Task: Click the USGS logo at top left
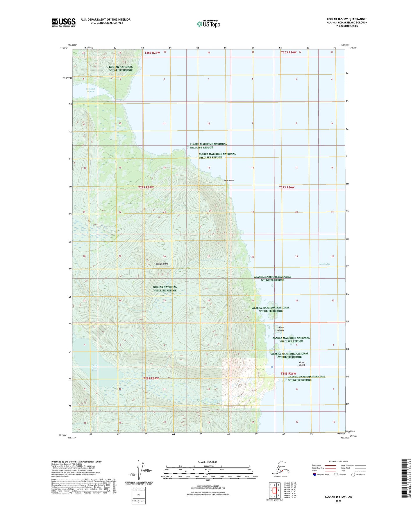64,22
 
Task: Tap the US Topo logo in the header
208,24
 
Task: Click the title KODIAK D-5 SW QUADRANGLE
347,19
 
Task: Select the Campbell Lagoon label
90,90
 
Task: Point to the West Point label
229,180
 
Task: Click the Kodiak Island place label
162,264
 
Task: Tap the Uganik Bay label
324,264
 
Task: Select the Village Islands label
280,329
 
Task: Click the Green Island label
302,364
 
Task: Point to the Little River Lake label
94,368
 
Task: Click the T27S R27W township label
146,188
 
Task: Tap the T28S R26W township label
288,373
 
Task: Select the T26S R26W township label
289,52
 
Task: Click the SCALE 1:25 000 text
207,462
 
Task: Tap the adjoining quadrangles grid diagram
274,490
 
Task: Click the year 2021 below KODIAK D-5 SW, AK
338,501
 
